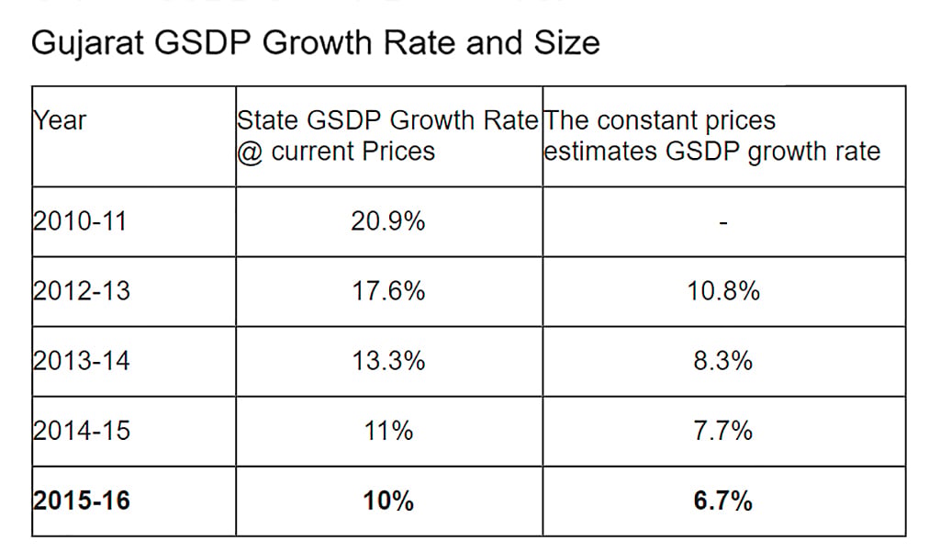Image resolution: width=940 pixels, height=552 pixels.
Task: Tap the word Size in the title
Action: click(566, 42)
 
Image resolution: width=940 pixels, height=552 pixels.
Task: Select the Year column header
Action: click(60, 120)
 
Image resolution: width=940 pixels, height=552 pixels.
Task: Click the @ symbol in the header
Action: click(250, 152)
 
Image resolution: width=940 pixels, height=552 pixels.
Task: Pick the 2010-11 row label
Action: click(80, 221)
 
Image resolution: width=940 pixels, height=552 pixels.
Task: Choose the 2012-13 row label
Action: click(81, 291)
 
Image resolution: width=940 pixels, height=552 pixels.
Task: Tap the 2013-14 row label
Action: click(81, 361)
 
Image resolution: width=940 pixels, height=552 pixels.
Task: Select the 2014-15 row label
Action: click(81, 431)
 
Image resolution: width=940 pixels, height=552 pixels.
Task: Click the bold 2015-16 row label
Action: click(81, 501)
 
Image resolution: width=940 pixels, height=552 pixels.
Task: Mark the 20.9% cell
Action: click(388, 221)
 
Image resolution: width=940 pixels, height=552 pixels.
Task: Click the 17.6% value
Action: click(388, 291)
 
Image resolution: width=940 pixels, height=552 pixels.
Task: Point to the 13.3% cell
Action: click(388, 361)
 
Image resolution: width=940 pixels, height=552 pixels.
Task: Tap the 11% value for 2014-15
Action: click(388, 431)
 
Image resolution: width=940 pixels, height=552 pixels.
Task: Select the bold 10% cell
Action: click(388, 501)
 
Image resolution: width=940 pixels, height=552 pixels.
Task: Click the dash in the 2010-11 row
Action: click(723, 223)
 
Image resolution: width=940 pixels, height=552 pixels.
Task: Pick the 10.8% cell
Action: click(723, 291)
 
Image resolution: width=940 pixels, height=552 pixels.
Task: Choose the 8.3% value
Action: click(723, 361)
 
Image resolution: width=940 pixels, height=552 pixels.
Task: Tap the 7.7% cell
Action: click(723, 431)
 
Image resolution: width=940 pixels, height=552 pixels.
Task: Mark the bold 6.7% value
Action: click(723, 501)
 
